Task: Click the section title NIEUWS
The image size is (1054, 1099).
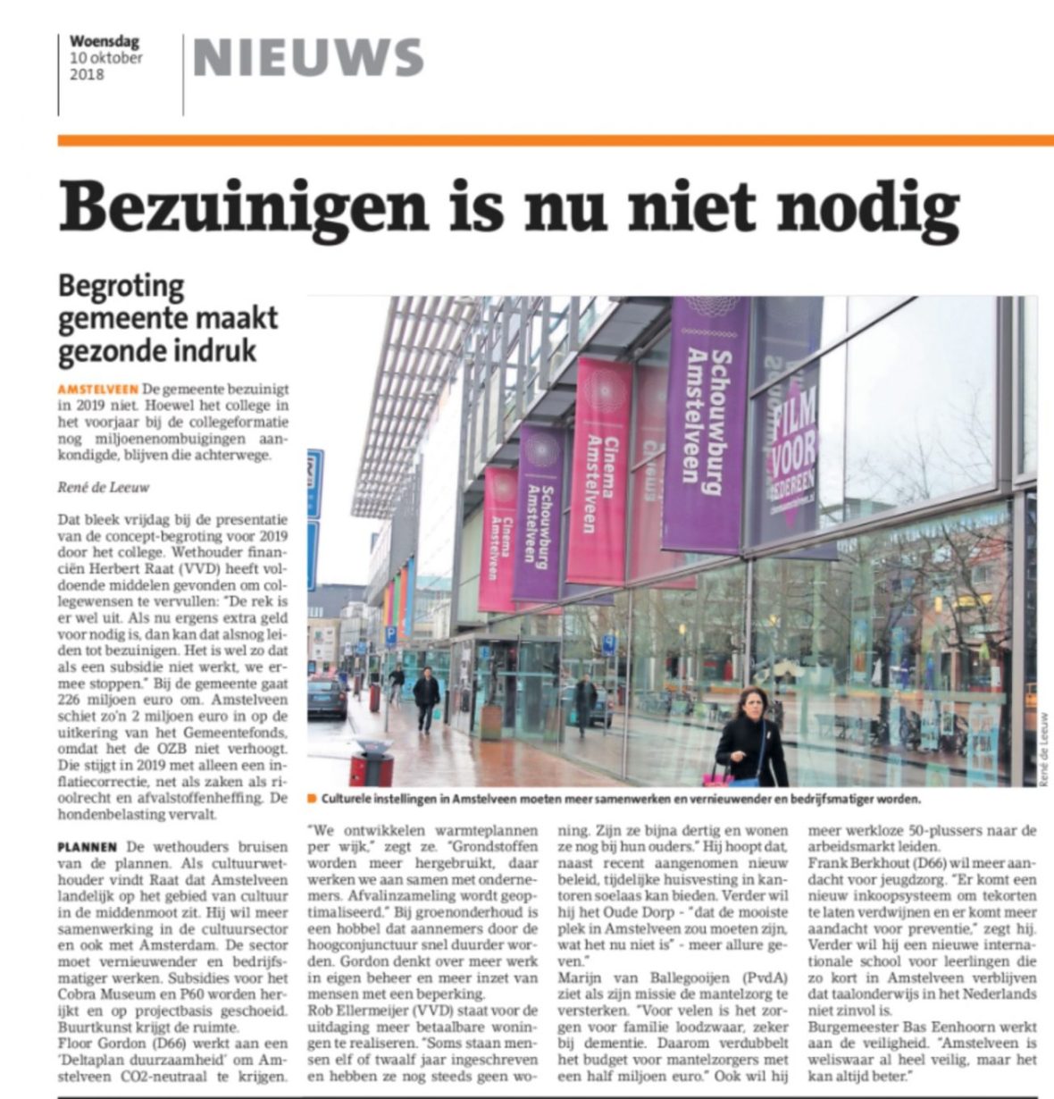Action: click(308, 58)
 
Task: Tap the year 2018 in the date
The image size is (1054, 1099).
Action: click(87, 74)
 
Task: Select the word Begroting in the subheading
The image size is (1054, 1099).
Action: click(121, 288)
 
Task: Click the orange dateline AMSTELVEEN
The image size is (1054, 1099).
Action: click(97, 390)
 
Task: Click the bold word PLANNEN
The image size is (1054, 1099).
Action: click(88, 846)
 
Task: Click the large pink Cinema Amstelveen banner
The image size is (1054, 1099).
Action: click(601, 469)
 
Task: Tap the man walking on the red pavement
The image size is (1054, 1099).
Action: click(426, 697)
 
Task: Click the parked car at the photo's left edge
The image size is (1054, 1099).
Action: click(326, 697)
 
